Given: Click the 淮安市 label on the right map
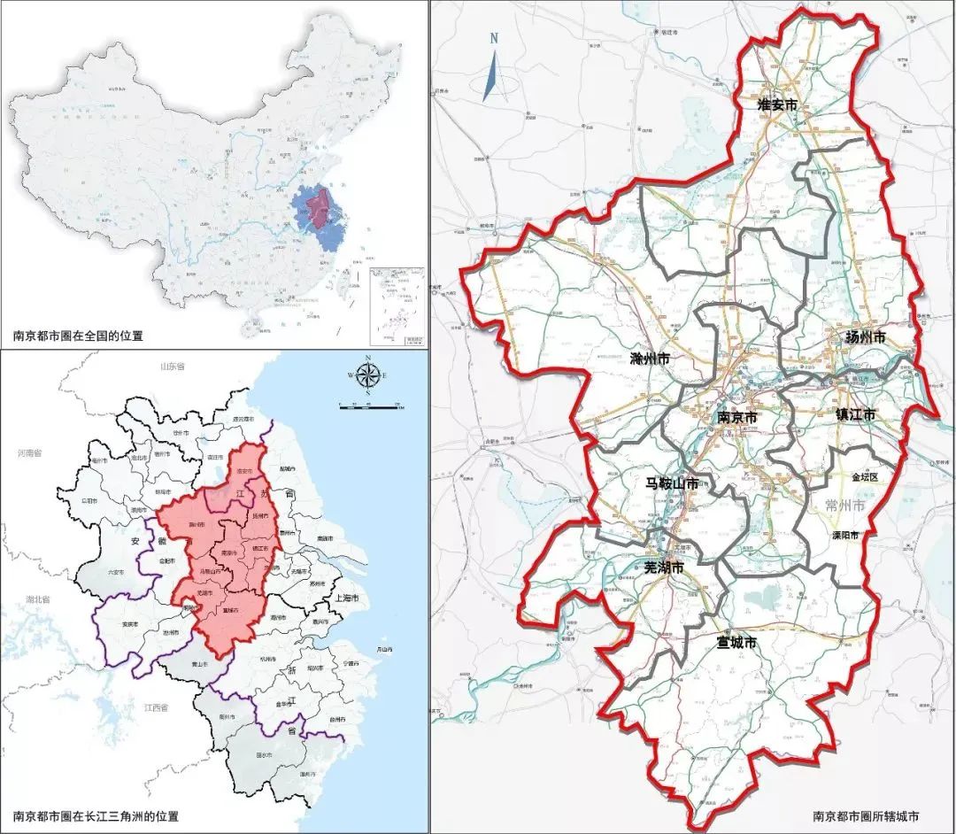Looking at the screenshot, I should (776, 104).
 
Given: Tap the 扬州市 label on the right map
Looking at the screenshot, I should (865, 337).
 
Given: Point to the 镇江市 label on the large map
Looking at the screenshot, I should (855, 413).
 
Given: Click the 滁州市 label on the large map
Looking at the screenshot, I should (650, 359).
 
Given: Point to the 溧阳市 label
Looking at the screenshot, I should (855, 536).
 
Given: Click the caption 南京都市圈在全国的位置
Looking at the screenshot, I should (78, 336).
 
